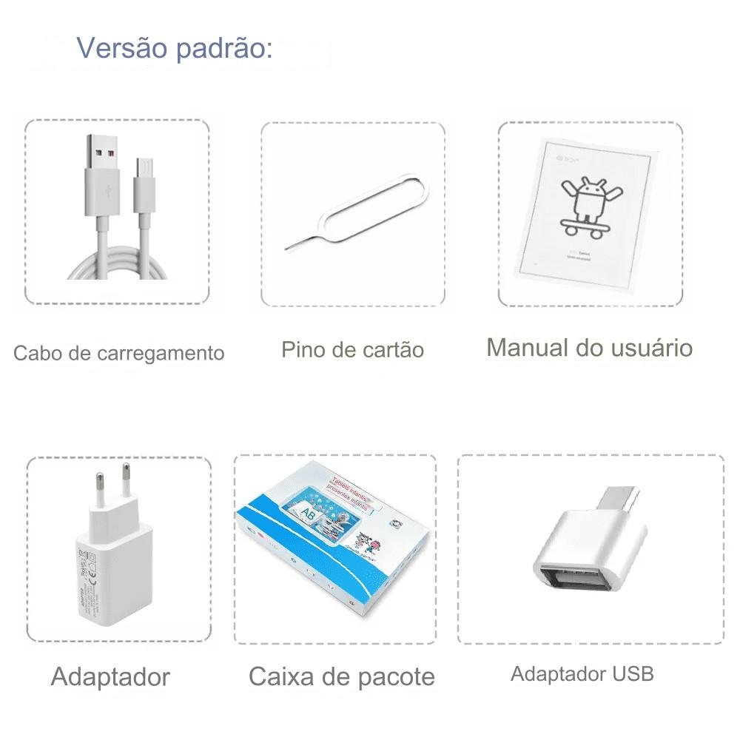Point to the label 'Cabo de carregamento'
118,353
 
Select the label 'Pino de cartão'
352,349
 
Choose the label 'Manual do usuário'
589,347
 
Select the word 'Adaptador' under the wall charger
110,676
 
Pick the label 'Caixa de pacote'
341,676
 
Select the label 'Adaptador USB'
582,674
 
